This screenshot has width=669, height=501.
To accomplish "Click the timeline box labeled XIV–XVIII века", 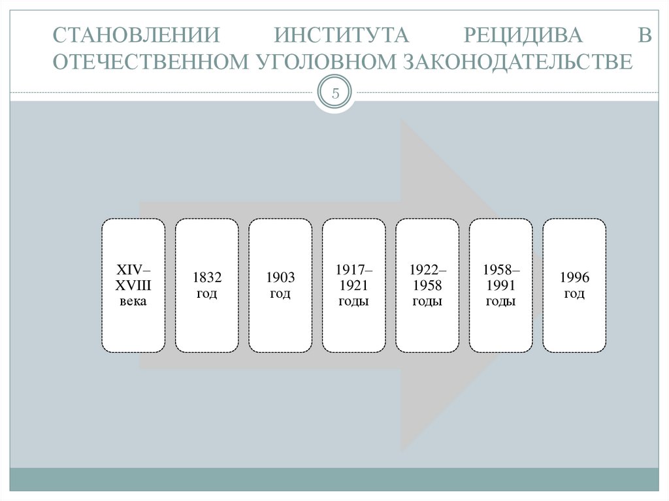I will coord(133,285).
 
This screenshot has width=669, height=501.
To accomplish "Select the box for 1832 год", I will coord(207,285).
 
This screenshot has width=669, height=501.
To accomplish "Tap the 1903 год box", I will coord(280,285).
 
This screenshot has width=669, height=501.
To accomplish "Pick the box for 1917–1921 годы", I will coord(353,285).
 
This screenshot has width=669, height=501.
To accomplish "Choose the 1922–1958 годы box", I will coord(427,285).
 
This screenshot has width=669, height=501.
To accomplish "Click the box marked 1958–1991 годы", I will coord(501,285).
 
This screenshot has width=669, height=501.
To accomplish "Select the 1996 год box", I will coord(574,285).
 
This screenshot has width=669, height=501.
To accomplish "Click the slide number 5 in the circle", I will coord(335,93).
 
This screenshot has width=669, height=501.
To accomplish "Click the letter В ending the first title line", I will coord(645,35).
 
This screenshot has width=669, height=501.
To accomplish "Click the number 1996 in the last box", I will coord(574,278).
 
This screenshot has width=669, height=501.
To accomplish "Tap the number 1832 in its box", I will coord(207,278).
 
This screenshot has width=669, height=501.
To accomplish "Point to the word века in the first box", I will coord(133,301).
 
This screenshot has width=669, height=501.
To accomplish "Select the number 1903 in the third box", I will coord(280,278).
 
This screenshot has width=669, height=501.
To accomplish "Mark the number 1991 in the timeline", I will coord(501,285).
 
